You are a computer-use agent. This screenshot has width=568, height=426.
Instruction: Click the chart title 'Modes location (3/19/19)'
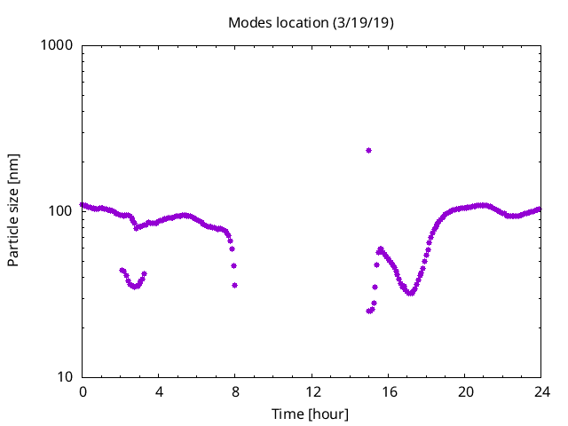pyautogui.click(x=311, y=22)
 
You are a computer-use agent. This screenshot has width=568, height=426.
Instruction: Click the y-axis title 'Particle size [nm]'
pyautogui.click(x=13, y=210)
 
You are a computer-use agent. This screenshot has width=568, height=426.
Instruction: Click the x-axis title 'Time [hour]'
pyautogui.click(x=311, y=414)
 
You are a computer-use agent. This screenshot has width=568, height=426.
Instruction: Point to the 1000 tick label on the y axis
pyautogui.click(x=58, y=44)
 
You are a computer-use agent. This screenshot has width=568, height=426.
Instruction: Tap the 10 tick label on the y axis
pyautogui.click(x=65, y=376)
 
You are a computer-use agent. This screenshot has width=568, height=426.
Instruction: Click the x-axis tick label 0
pyautogui.click(x=83, y=391)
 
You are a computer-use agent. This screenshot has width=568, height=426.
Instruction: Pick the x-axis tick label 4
pyautogui.click(x=159, y=391)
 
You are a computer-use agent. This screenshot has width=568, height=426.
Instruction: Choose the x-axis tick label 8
pyautogui.click(x=235, y=391)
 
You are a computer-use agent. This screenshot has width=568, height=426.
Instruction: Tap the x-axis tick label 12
pyautogui.click(x=312, y=391)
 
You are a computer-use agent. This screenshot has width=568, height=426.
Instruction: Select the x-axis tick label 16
pyautogui.click(x=388, y=391)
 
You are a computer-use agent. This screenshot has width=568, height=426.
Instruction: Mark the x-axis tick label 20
pyautogui.click(x=464, y=391)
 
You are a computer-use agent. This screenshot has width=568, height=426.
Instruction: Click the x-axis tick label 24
pyautogui.click(x=540, y=391)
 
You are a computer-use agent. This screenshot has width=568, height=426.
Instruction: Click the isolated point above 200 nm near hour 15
pyautogui.click(x=368, y=151)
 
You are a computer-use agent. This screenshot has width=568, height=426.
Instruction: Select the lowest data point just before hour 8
pyautogui.click(x=234, y=285)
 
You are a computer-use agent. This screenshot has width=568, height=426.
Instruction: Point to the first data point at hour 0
pyautogui.click(x=83, y=205)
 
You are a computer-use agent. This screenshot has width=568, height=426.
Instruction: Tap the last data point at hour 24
pyautogui.click(x=540, y=209)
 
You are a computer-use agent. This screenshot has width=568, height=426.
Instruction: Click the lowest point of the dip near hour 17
pyautogui.click(x=410, y=293)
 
